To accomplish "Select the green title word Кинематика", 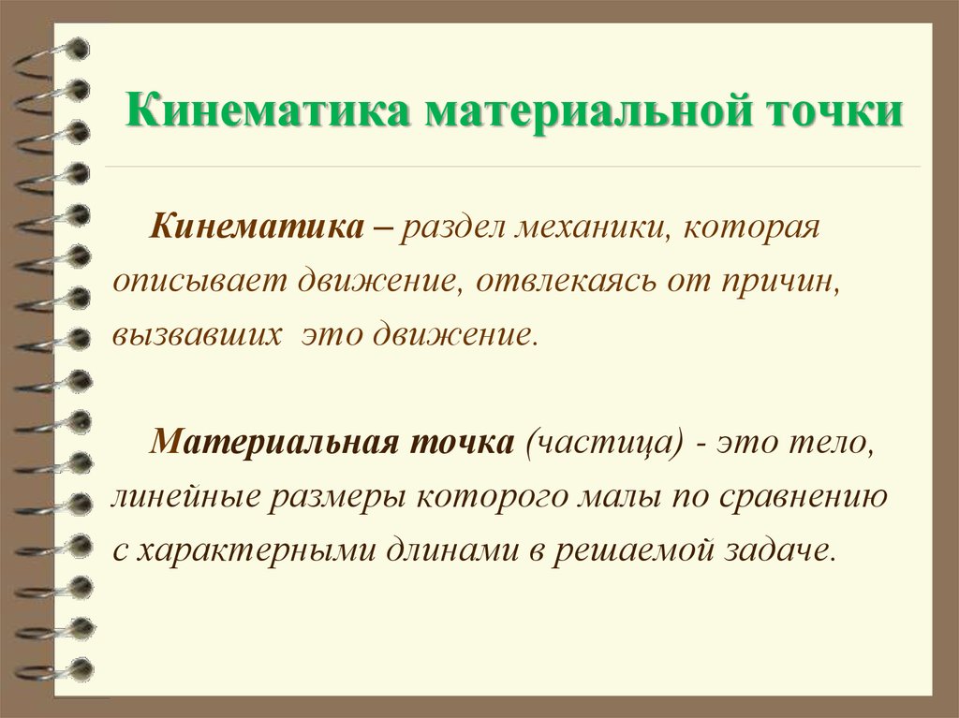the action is [269, 110].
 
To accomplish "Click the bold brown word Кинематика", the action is [257, 227].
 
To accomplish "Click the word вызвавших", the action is [197, 336].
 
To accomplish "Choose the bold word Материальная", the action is [274, 442].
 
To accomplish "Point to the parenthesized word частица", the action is [604, 443].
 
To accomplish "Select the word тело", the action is [832, 443].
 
